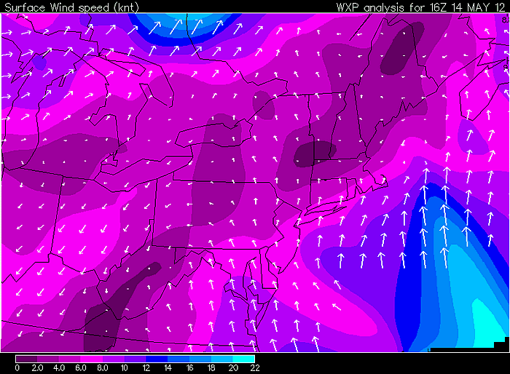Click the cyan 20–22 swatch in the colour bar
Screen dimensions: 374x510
[x=244, y=359]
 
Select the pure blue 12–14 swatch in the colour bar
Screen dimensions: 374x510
[x=157, y=359]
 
